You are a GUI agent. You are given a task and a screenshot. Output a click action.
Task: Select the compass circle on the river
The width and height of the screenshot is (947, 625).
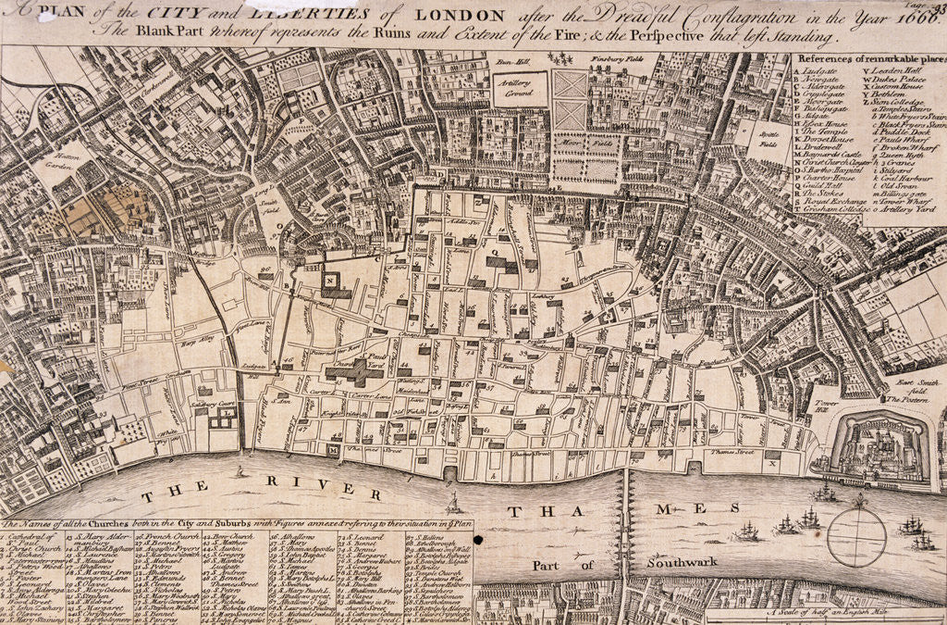tap(856, 537)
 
